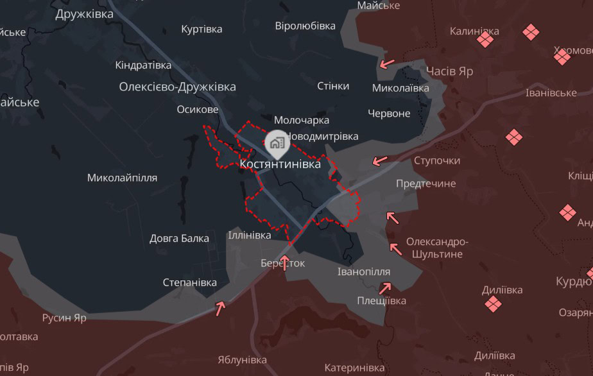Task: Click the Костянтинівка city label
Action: click(x=280, y=164)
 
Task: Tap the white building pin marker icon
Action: click(x=277, y=141)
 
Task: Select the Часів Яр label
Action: click(x=450, y=71)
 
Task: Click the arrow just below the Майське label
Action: click(x=387, y=64)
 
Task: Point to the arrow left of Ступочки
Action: click(x=380, y=160)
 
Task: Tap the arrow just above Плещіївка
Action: click(x=384, y=289)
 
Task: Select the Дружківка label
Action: click(x=84, y=13)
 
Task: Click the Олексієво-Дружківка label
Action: click(x=177, y=87)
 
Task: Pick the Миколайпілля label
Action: click(x=122, y=178)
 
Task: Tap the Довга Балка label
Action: click(x=179, y=239)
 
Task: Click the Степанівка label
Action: click(x=189, y=282)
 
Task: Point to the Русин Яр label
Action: click(x=64, y=318)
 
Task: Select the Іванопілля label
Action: click(x=363, y=271)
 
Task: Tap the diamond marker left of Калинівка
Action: click(x=485, y=40)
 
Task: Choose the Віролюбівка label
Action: click(x=305, y=26)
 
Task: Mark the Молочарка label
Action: click(x=302, y=120)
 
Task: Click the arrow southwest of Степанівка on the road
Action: click(x=221, y=309)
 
